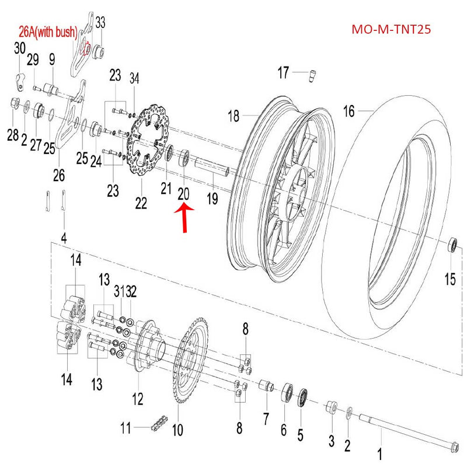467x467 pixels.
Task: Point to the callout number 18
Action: point(233,116)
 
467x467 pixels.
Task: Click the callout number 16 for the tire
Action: point(348,111)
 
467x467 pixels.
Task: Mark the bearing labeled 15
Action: point(452,245)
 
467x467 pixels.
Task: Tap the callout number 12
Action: point(137,399)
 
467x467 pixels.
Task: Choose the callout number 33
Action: point(101,23)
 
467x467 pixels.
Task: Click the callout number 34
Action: point(135,78)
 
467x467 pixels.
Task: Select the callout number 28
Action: point(13,135)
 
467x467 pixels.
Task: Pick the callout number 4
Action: point(64,238)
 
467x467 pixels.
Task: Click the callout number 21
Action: point(166,188)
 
